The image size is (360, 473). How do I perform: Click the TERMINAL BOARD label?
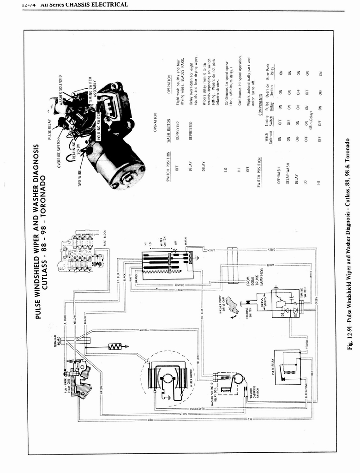click(56, 342)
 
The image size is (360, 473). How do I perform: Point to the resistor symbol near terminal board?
click(114, 346)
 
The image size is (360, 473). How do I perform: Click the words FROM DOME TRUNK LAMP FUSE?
click(256, 278)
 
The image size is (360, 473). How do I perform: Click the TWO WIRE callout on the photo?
click(81, 177)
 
